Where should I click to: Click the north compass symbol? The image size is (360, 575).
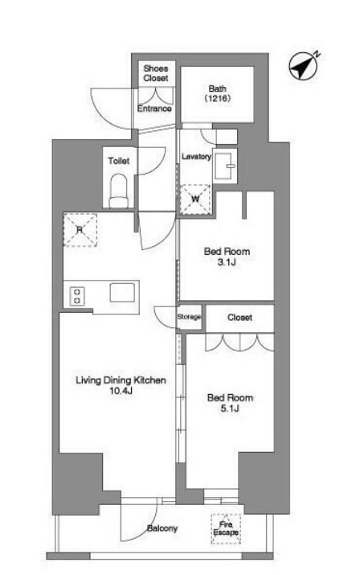point(303,66)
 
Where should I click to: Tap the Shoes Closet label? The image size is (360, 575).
point(156,73)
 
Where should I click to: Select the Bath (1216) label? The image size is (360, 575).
point(218,93)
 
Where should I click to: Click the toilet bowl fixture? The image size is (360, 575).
point(119,191)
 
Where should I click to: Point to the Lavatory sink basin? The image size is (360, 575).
point(224,166)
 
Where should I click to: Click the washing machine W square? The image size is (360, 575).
point(195,199)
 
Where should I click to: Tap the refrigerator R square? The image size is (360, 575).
point(80,230)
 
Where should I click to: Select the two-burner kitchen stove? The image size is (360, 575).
point(77,296)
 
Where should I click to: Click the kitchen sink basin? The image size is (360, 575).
point(122,292)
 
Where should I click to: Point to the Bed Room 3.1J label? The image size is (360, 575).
point(227,257)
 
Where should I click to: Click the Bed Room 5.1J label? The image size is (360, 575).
point(230,403)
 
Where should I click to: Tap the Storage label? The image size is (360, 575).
point(189,317)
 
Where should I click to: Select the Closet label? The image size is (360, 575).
point(239,318)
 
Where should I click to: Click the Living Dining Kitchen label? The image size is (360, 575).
point(121,380)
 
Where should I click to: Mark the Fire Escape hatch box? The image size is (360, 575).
point(226,528)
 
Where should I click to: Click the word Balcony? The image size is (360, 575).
point(162,528)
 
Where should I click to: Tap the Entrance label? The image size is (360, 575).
point(154,109)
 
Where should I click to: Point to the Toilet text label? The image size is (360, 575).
point(119,161)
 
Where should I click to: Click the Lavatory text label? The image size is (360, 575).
point(197,157)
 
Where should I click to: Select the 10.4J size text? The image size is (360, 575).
point(121,391)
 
